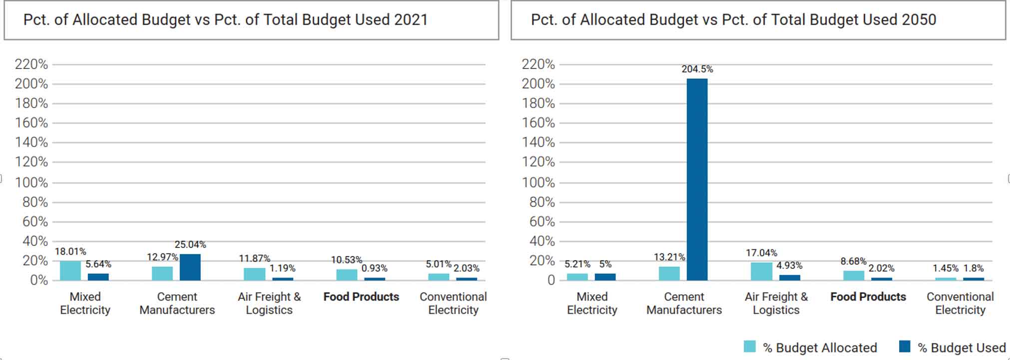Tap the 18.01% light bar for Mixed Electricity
click(70, 270)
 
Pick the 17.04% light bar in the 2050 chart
click(761, 271)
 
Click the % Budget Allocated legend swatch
click(749, 346)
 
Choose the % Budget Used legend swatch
click(904, 346)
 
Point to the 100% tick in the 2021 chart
click(31, 182)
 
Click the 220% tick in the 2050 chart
click(538, 64)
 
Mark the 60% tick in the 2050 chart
click(542, 221)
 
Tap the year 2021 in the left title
click(411, 19)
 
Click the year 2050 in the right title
click(919, 19)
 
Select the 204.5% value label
click(697, 69)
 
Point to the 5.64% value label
click(98, 264)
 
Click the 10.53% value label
click(346, 260)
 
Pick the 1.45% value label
click(946, 268)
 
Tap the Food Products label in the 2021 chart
click(361, 297)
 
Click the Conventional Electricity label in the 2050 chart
click(960, 303)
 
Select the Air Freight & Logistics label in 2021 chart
click(269, 303)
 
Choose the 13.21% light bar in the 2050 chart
click(669, 273)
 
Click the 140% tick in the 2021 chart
click(31, 142)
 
